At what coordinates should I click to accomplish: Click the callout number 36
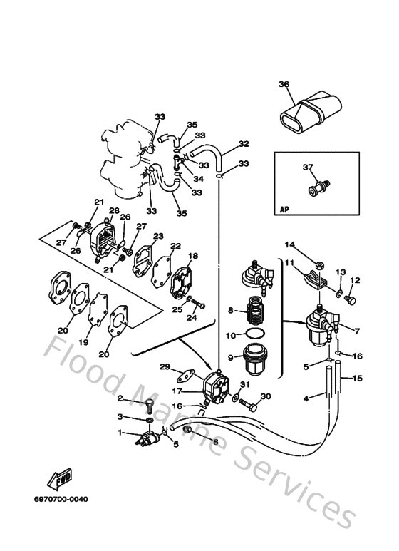click(x=284, y=85)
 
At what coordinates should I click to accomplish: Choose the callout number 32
click(x=244, y=144)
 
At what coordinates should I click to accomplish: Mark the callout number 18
click(x=192, y=256)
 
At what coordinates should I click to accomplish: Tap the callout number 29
click(x=165, y=366)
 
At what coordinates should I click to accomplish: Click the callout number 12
click(x=356, y=280)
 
